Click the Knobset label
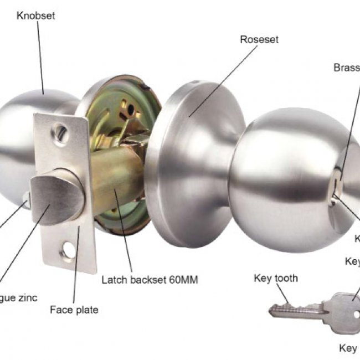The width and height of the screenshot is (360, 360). [36, 16]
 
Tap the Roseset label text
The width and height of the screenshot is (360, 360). [259, 40]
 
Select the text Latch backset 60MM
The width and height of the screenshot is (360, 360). [150, 280]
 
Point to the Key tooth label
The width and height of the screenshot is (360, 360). [275, 278]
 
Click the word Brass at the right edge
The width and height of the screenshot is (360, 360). [347, 68]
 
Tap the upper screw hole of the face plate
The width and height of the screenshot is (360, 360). [60, 132]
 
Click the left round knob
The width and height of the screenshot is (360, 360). [22, 138]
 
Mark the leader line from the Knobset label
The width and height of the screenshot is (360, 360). [40, 55]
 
